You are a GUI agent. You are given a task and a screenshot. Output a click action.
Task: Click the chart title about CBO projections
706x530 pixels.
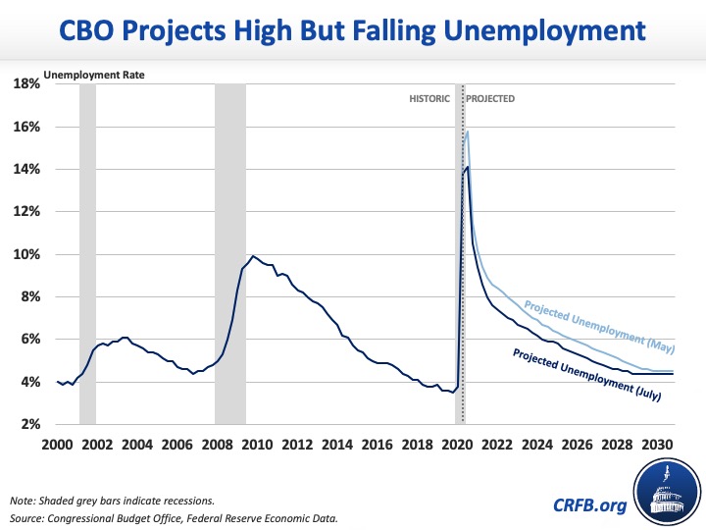pyautogui.click(x=353, y=31)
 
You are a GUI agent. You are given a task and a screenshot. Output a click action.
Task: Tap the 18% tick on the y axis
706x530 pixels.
pyautogui.click(x=26, y=84)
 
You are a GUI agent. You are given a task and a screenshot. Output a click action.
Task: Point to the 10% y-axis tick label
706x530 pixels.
pyautogui.click(x=26, y=254)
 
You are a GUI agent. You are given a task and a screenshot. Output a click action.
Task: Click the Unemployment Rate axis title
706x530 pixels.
pyautogui.click(x=85, y=74)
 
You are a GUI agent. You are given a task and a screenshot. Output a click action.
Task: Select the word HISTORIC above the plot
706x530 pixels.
pyautogui.click(x=429, y=99)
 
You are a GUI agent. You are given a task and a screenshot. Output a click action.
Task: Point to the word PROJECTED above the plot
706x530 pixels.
pyautogui.click(x=490, y=99)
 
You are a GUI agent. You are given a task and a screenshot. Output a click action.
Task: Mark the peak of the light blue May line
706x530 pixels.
pyautogui.click(x=468, y=132)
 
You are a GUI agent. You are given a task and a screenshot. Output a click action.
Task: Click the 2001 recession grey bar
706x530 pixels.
pyautogui.click(x=87, y=255)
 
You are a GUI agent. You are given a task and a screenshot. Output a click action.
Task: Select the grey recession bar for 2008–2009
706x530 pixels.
pyautogui.click(x=230, y=255)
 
